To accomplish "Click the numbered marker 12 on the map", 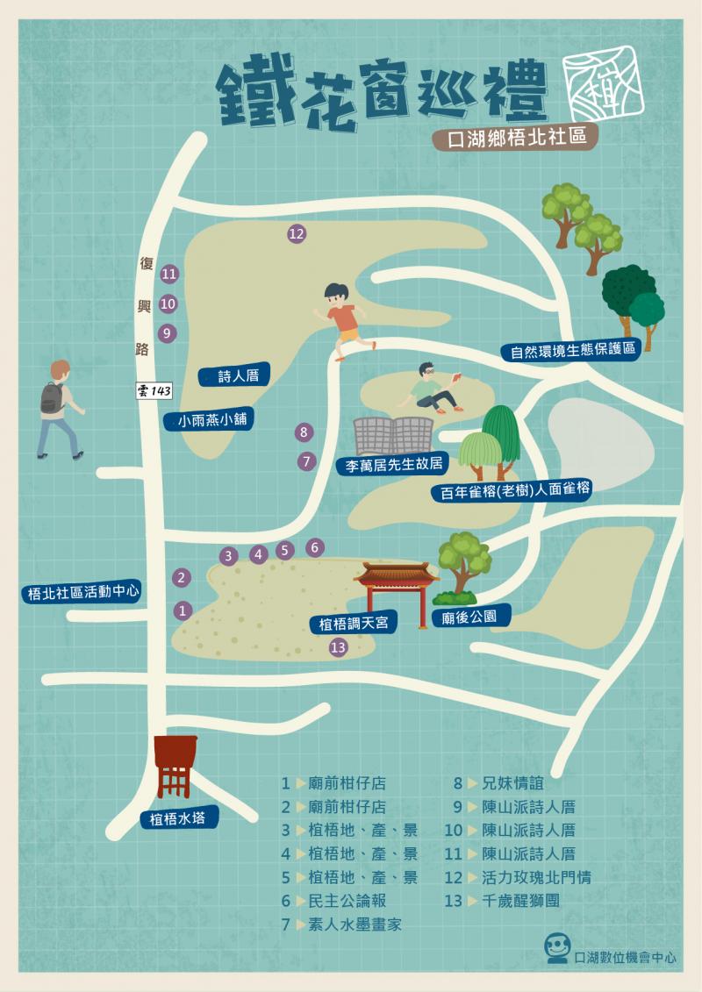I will (x=296, y=233).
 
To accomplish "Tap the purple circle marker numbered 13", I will (x=338, y=647).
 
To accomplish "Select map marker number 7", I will (x=306, y=460).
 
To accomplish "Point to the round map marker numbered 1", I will (x=183, y=610).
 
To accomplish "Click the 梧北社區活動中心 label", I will (x=83, y=593).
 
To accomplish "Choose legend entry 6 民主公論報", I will (x=340, y=900).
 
